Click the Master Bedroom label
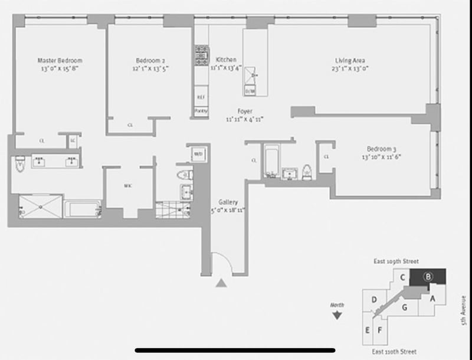[x=60, y=60]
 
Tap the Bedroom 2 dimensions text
[x=150, y=68]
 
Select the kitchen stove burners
[x=201, y=55]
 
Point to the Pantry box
[x=201, y=110]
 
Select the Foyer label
[x=244, y=111]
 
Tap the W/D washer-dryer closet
[x=197, y=155]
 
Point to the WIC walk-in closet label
[x=127, y=185]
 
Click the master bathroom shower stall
[x=40, y=207]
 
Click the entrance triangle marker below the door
[x=221, y=283]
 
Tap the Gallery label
[x=228, y=201]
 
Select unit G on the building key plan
[x=405, y=306]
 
